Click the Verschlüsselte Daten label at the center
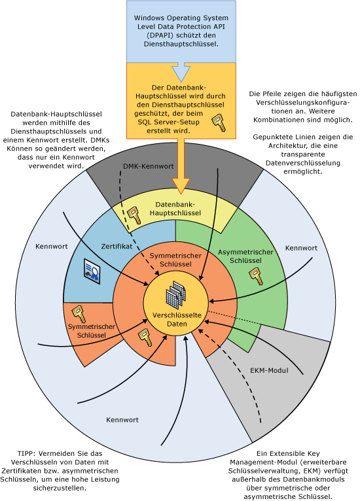point(177,320)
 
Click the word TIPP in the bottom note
point(28,453)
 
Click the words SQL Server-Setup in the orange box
point(166,122)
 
